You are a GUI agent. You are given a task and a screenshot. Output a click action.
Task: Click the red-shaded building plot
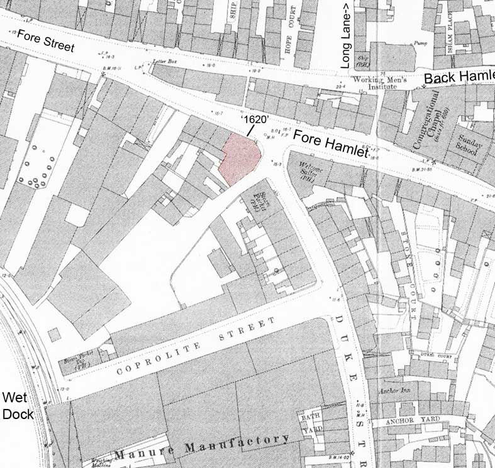240,158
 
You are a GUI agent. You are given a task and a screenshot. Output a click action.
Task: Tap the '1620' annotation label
253,119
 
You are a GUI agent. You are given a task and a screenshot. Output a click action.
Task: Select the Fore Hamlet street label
330,144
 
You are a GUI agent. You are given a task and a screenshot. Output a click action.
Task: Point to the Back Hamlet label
459,77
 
